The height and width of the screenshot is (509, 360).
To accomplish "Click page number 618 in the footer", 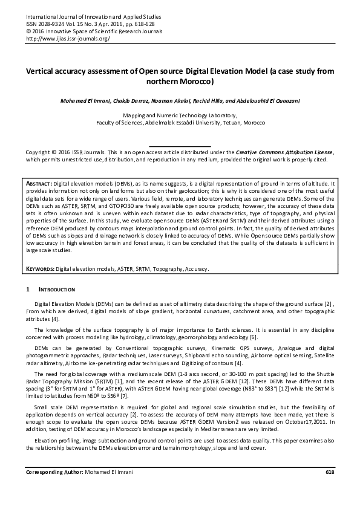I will (x=329, y=488).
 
